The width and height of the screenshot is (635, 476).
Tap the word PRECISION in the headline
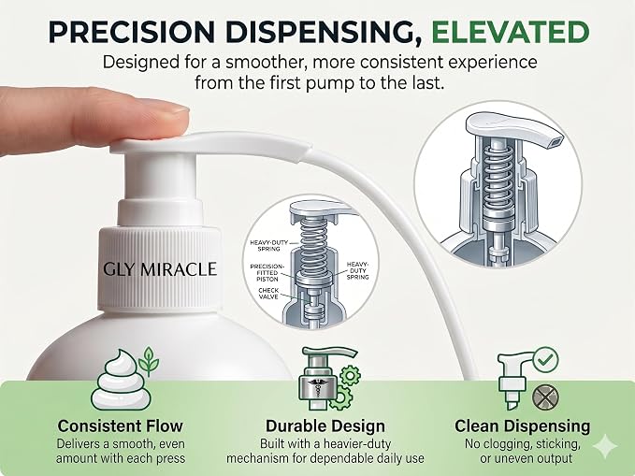131,32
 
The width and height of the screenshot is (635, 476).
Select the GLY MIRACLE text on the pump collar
160,269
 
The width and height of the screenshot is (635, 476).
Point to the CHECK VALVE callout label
268,294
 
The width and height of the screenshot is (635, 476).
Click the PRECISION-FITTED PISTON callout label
267,273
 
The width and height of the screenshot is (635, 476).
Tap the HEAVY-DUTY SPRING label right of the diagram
357,270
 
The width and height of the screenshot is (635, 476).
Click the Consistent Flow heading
121,426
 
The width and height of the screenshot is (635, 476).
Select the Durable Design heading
325,426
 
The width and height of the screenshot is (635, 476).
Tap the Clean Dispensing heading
523,426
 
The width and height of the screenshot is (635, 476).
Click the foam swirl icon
121,380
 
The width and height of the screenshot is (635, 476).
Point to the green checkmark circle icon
545,359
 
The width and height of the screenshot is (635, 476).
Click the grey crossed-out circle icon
545,397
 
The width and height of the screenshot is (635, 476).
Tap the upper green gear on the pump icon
350,375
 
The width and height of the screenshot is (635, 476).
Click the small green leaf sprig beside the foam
149,361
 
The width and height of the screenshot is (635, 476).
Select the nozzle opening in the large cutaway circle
556,141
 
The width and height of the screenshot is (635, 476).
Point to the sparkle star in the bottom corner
605,446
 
